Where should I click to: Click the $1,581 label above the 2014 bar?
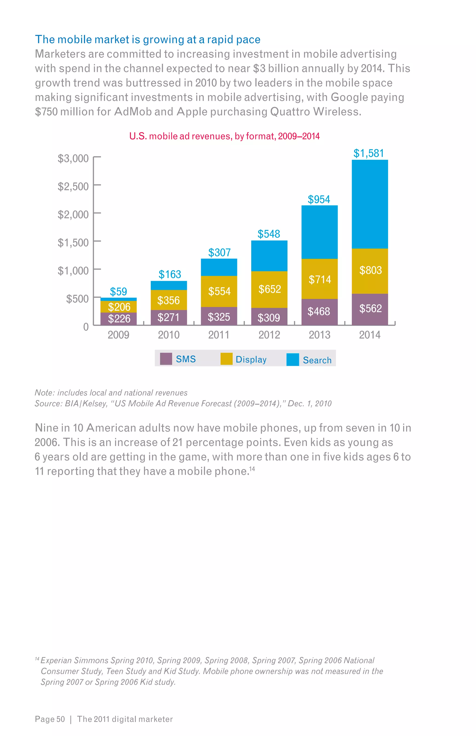[369, 153]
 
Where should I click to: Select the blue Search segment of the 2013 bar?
[319, 232]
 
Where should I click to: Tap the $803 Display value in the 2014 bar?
[370, 270]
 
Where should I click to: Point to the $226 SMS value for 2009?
[119, 318]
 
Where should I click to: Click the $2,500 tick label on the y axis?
[73, 187]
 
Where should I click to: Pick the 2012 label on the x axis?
[269, 335]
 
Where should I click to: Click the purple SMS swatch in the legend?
[166, 359]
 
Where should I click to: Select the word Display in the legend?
[251, 359]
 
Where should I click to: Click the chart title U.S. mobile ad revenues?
[224, 136]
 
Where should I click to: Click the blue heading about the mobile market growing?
[148, 40]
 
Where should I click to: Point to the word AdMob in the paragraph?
[133, 112]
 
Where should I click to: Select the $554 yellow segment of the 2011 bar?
[219, 291]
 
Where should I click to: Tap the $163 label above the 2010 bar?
[170, 274]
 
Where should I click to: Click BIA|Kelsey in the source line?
[86, 404]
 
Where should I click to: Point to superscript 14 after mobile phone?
[252, 469]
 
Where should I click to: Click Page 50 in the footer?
[50, 719]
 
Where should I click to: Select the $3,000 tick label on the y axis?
[73, 158]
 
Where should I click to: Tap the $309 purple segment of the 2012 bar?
[269, 318]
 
